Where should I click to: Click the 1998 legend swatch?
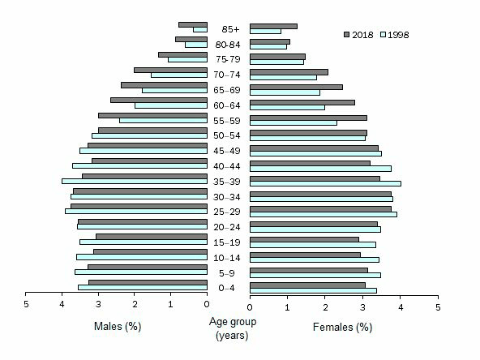(384, 35)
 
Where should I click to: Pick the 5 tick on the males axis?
(26, 305)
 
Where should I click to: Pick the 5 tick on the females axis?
(438, 308)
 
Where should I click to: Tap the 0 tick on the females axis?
(251, 308)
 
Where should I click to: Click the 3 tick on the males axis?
(98, 305)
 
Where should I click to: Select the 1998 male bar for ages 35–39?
(135, 181)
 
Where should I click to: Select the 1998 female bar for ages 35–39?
(325, 183)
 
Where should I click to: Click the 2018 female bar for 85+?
(273, 26)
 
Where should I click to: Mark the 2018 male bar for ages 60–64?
(159, 101)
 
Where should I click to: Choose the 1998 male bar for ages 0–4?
(143, 287)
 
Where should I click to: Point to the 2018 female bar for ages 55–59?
(308, 118)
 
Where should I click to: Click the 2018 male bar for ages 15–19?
(152, 237)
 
